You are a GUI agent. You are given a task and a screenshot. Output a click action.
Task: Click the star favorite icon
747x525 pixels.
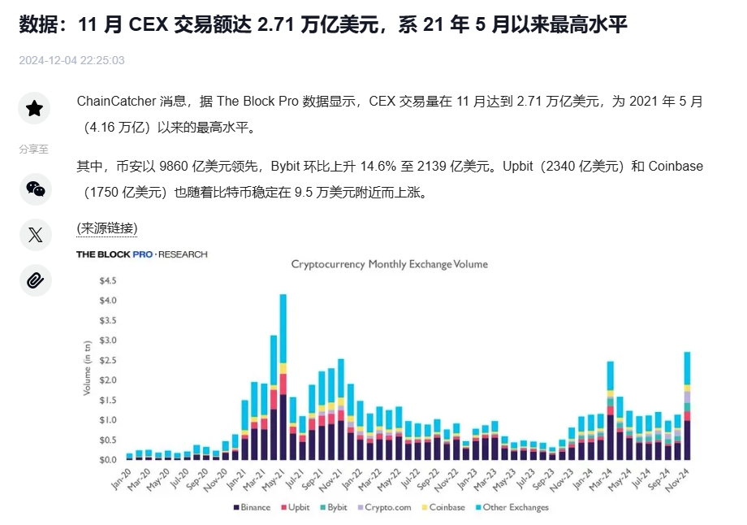[34, 108]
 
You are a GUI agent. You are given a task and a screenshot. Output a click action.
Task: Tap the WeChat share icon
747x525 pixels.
[34, 189]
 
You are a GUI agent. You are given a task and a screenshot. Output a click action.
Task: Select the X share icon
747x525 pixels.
[34, 235]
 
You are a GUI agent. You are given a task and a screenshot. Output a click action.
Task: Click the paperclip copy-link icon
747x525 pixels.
[34, 280]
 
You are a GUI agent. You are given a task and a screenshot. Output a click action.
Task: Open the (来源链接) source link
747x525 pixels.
[106, 228]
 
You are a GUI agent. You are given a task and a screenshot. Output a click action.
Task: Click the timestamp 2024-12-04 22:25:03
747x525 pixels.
[71, 60]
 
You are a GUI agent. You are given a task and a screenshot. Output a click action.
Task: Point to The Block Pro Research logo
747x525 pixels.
[141, 254]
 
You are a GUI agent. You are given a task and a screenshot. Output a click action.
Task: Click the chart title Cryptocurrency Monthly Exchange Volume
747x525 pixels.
[389, 264]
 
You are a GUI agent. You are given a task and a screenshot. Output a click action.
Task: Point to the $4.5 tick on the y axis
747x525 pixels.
[107, 280]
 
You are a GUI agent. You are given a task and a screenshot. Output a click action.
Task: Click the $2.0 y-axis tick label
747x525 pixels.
[107, 380]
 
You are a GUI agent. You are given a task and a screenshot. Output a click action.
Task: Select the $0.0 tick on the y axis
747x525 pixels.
[107, 460]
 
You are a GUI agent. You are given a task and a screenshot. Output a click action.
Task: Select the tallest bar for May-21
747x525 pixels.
[283, 377]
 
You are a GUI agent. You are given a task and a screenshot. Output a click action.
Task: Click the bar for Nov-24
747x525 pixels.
[687, 406]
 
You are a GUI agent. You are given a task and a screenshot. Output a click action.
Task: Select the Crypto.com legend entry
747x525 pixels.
[385, 507]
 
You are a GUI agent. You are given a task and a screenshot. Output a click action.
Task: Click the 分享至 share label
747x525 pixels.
[34, 149]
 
